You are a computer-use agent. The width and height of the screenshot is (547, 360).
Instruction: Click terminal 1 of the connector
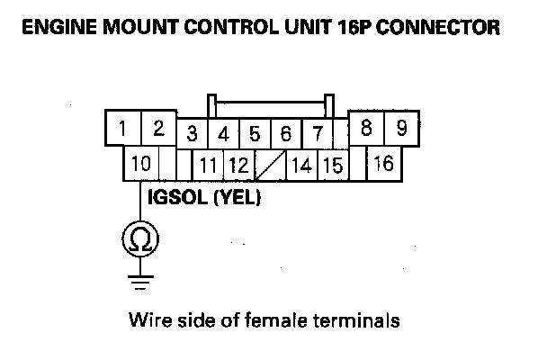tap(122, 129)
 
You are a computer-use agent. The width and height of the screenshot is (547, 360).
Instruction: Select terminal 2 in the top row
tap(157, 129)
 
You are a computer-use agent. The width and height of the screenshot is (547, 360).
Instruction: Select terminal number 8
tap(366, 129)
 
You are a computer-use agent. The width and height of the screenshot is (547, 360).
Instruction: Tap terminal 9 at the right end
tap(401, 129)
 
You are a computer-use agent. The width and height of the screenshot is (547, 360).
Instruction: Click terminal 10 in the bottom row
tap(141, 165)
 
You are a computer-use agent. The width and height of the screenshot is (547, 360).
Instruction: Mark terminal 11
tap(210, 166)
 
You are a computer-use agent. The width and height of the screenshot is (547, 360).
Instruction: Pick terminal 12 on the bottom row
tap(238, 166)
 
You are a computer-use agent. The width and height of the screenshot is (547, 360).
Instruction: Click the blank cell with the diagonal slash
tap(270, 166)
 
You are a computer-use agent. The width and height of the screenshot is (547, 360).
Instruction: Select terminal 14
tap(302, 166)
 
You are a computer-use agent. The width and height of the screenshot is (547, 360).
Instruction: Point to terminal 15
tap(332, 166)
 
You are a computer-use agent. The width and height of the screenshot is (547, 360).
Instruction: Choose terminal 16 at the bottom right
tap(384, 165)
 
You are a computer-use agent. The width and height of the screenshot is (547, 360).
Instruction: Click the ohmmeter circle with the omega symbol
tap(139, 238)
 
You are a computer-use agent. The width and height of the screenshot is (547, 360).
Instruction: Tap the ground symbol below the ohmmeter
tap(139, 280)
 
